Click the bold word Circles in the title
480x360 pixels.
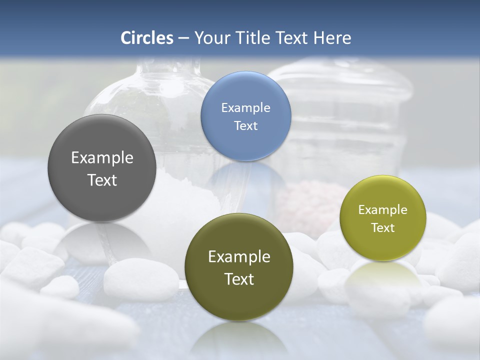(x=147, y=37)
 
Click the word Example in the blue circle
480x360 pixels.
(x=245, y=108)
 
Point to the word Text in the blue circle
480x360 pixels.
(x=245, y=125)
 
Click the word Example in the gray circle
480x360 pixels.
(x=102, y=158)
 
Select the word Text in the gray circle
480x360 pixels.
(x=102, y=180)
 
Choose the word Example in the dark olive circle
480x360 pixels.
(x=239, y=257)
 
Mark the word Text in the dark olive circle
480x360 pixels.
(x=239, y=279)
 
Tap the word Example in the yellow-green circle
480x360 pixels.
(x=382, y=210)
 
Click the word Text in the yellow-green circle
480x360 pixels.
(x=382, y=228)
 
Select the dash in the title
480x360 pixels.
(x=183, y=38)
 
